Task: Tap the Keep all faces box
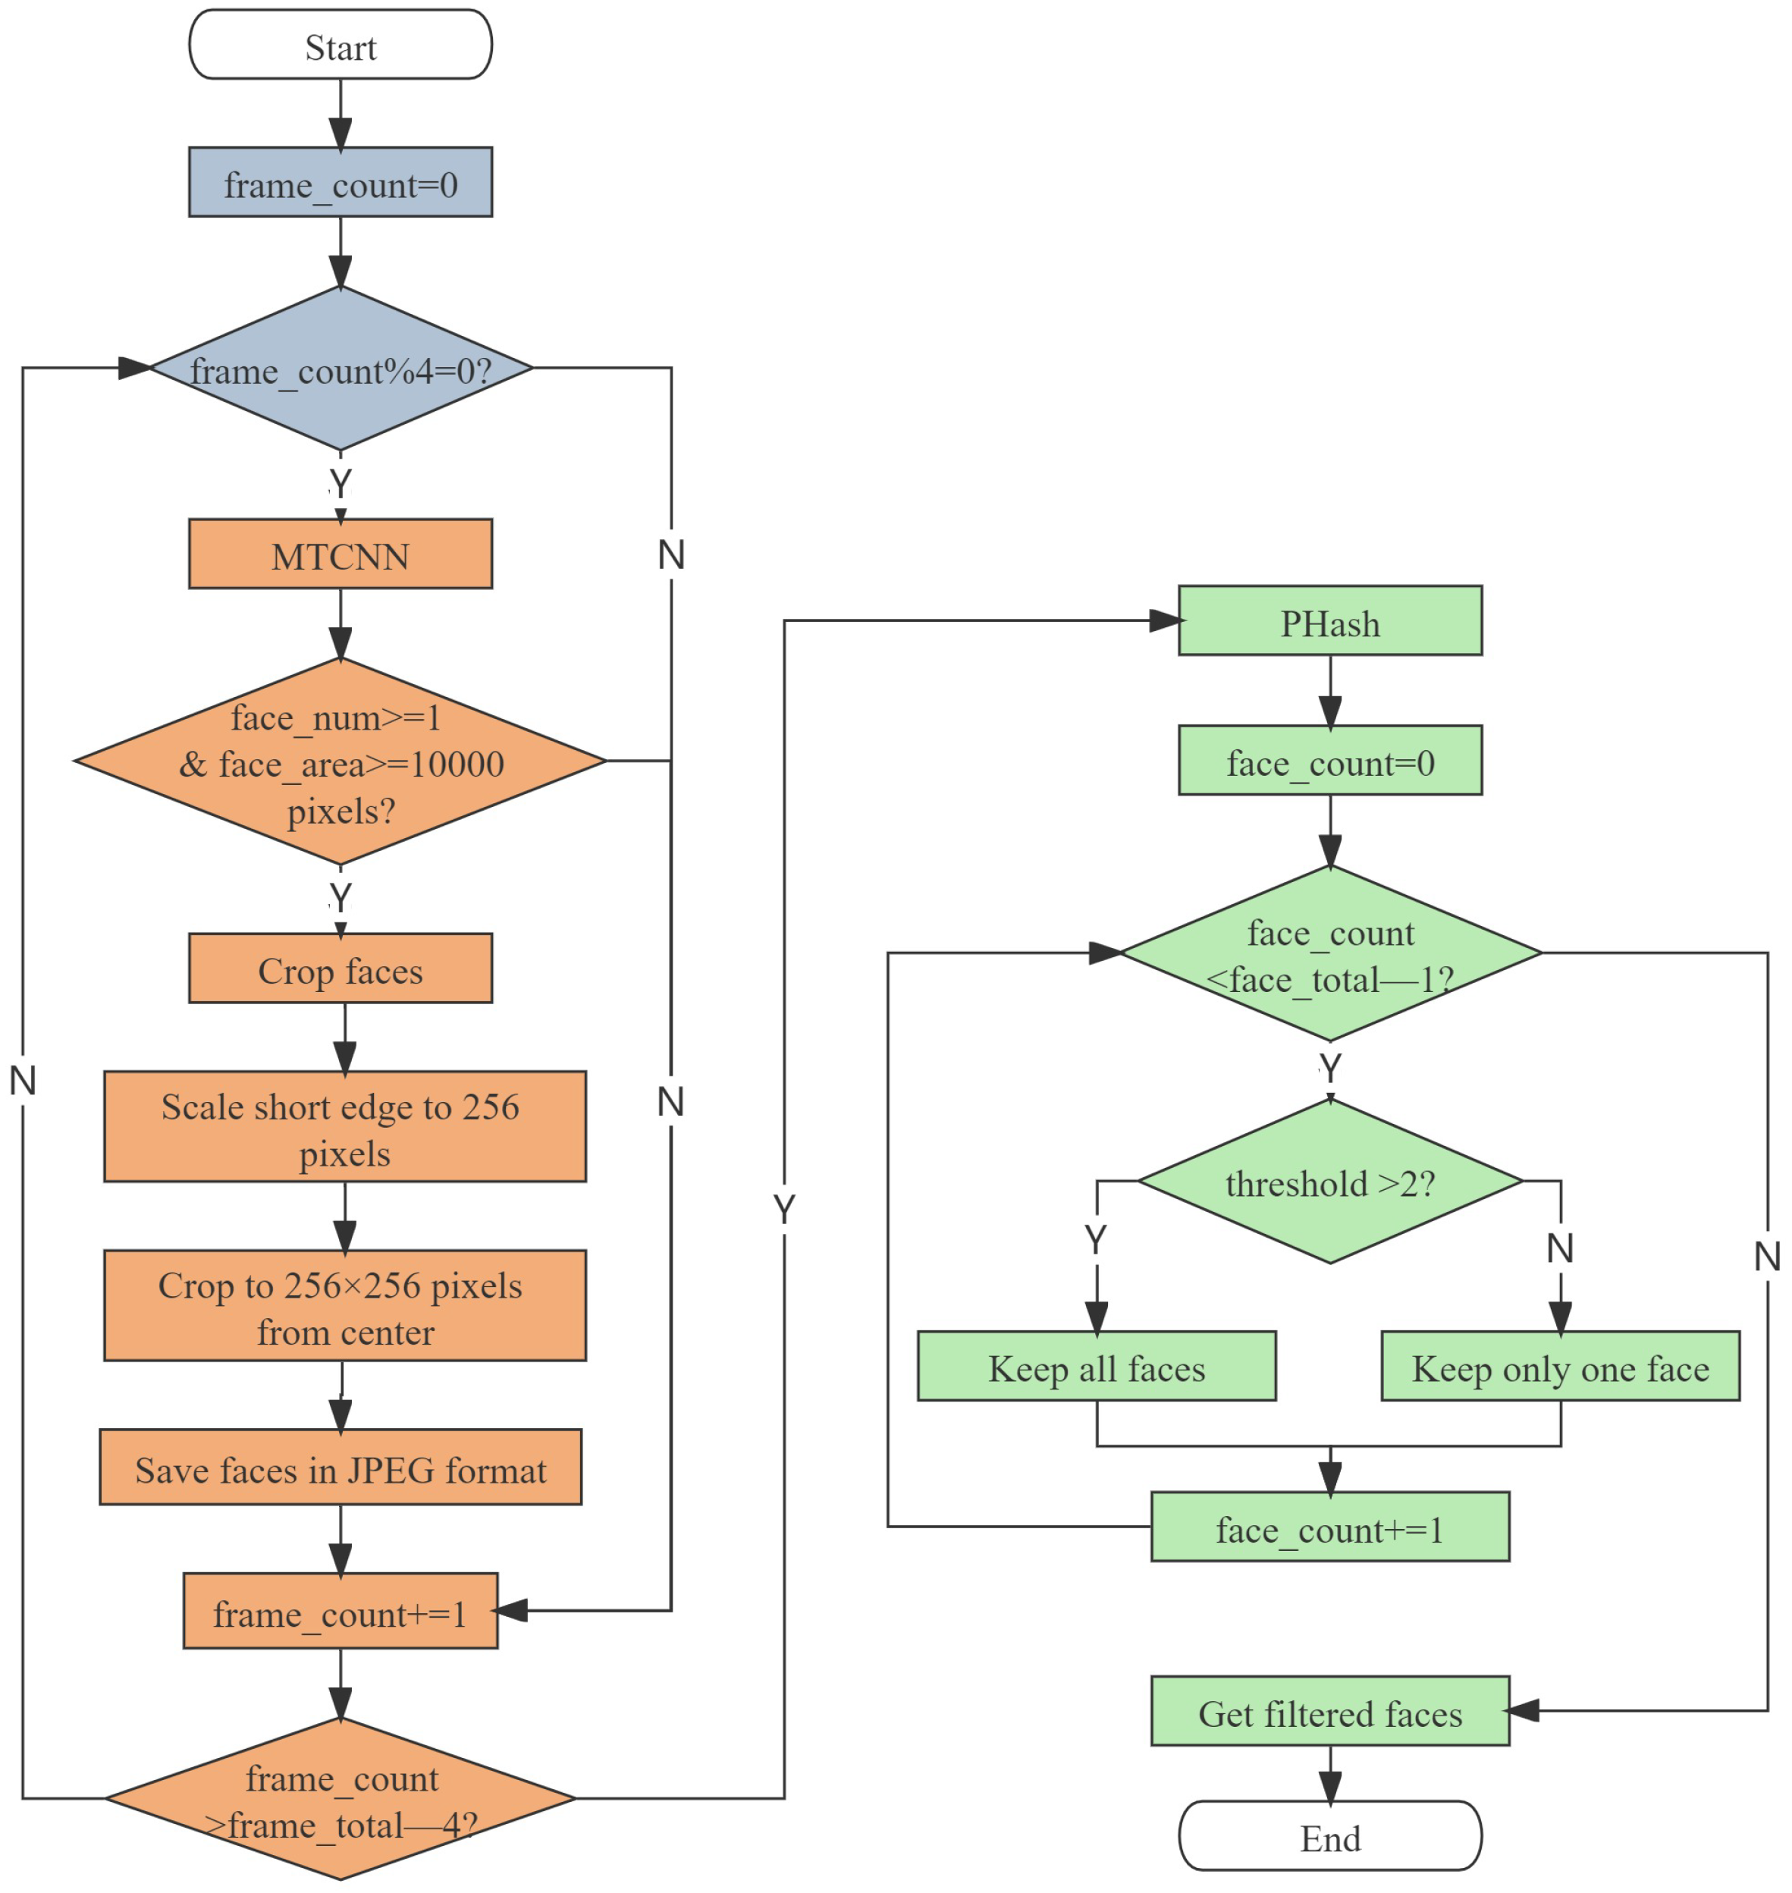[1096, 1367]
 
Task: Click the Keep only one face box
[1560, 1367]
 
